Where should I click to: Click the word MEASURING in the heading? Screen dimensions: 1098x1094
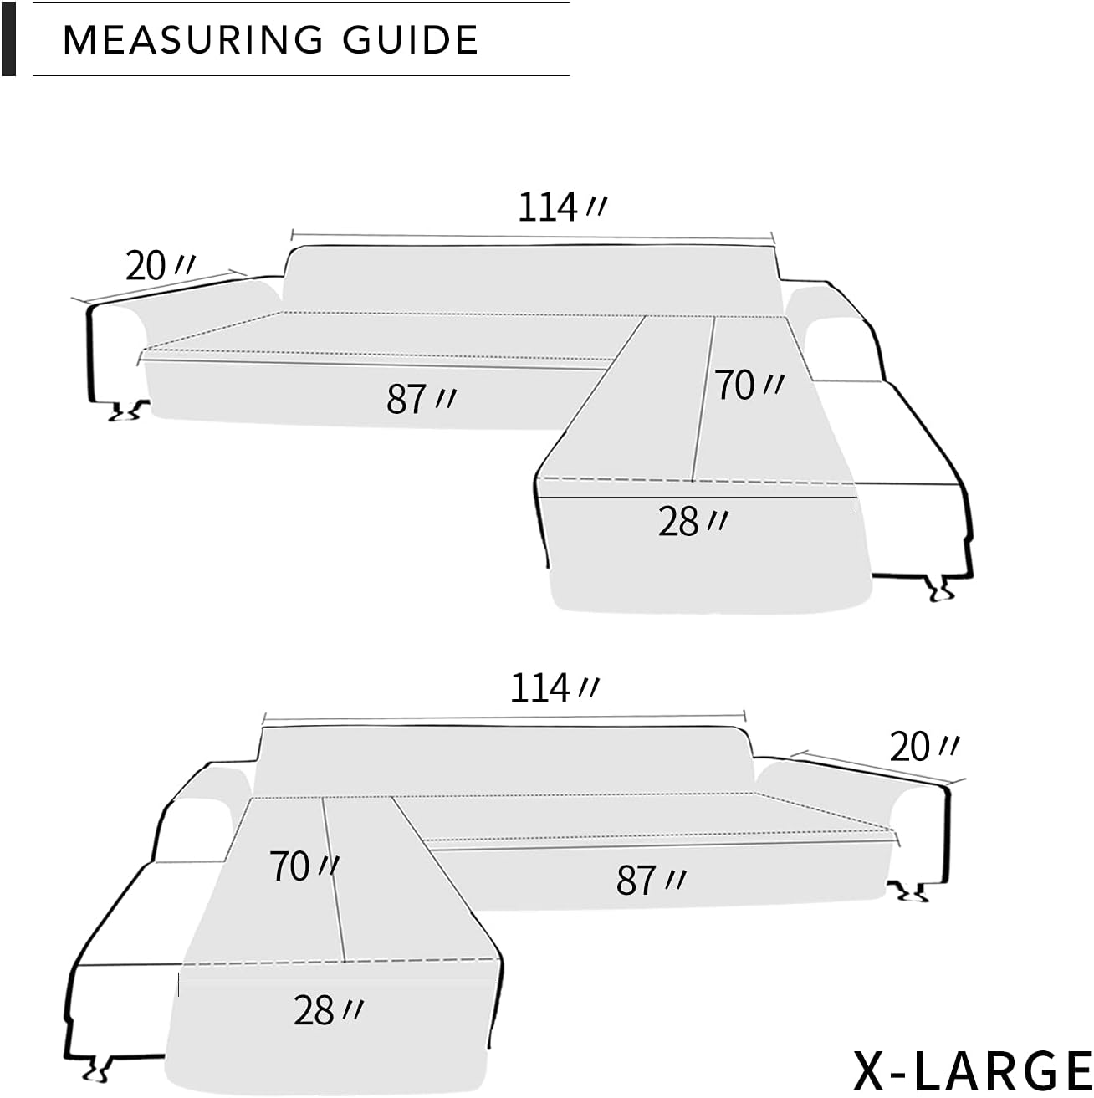[192, 40]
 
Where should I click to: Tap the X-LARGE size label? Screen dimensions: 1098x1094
[971, 1068]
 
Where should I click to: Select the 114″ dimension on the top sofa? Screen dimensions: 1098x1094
[559, 207]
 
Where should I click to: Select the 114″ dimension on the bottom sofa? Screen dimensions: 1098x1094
[552, 688]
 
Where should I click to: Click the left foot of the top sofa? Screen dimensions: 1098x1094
[125, 411]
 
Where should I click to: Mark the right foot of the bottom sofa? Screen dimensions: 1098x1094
[910, 893]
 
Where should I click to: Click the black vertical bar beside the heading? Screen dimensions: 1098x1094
[8, 39]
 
